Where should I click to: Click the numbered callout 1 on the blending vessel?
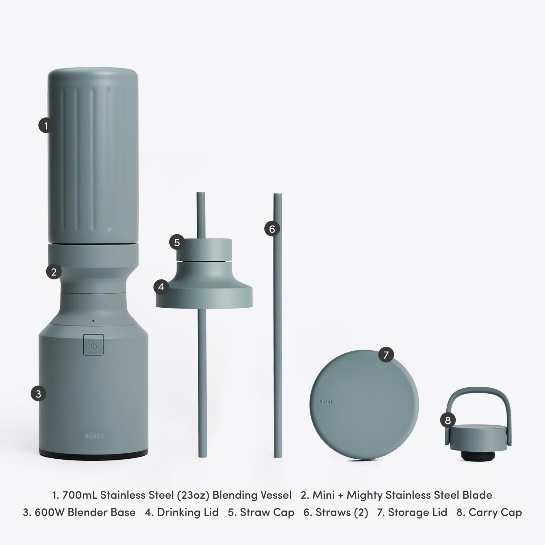pyautogui.click(x=46, y=125)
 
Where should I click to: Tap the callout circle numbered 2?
pyautogui.click(x=54, y=272)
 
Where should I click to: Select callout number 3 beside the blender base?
pyautogui.click(x=38, y=394)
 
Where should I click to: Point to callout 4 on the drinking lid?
pyautogui.click(x=161, y=286)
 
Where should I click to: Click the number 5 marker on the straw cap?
pyautogui.click(x=177, y=242)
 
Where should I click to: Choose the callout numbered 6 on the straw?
pyautogui.click(x=272, y=229)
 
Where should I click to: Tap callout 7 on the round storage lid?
pyautogui.click(x=386, y=355)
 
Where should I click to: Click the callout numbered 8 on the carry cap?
pyautogui.click(x=448, y=420)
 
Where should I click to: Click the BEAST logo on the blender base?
pyautogui.click(x=94, y=436)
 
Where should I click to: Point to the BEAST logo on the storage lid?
pyautogui.click(x=326, y=401)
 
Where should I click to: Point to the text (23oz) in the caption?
pyautogui.click(x=193, y=495)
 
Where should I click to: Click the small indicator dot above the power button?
pyautogui.click(x=93, y=321)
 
